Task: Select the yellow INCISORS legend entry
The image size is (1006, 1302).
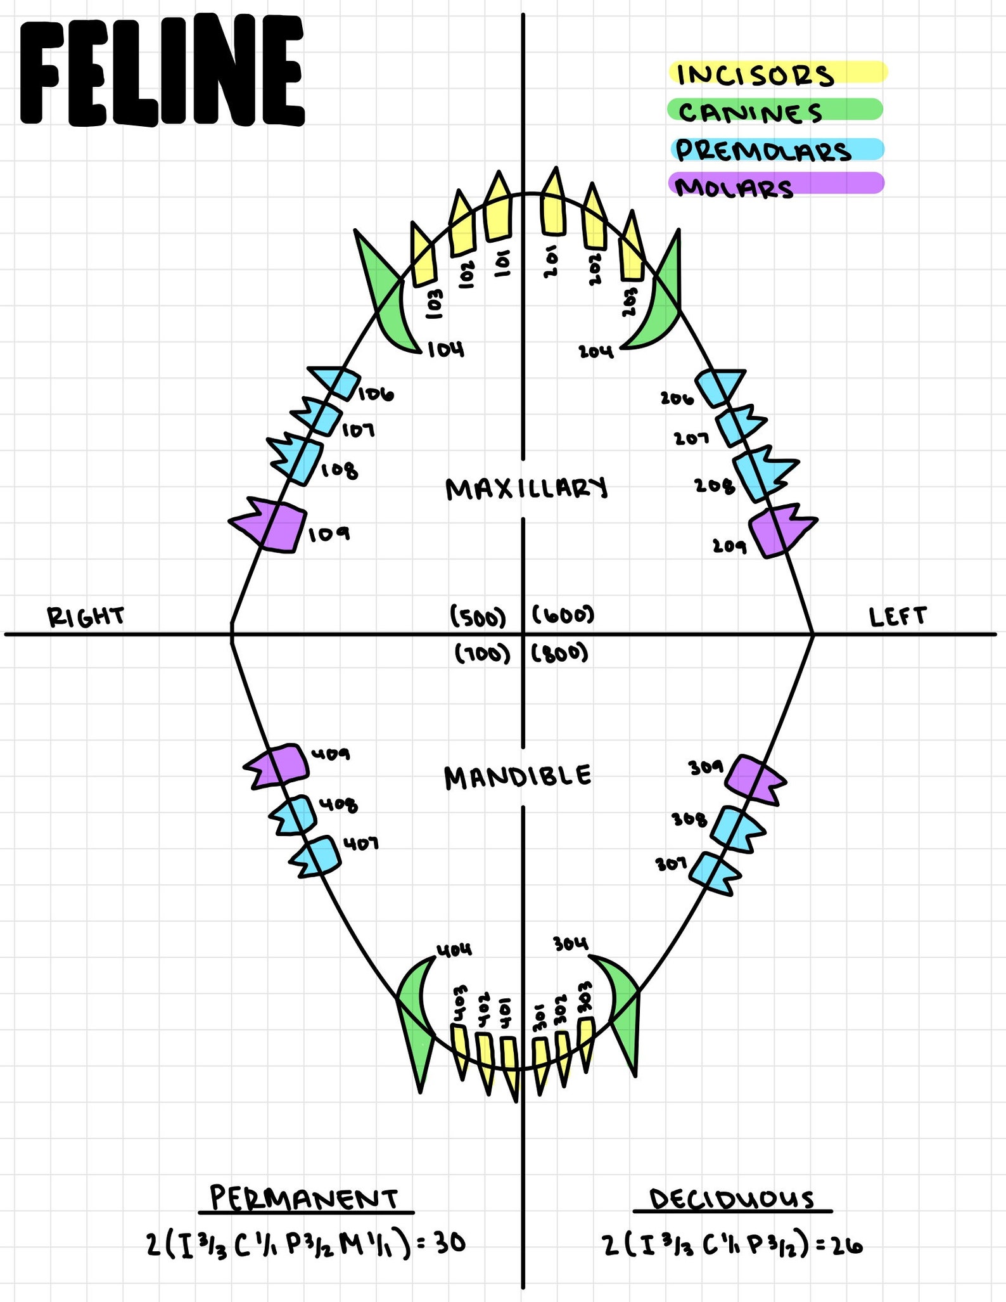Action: click(x=778, y=73)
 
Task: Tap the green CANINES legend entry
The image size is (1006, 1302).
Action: click(x=775, y=110)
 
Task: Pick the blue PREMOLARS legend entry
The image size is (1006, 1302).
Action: click(x=777, y=150)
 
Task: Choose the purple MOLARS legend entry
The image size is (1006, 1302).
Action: click(x=776, y=184)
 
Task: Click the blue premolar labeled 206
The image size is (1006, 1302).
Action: click(x=719, y=387)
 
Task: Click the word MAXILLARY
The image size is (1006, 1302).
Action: click(x=526, y=489)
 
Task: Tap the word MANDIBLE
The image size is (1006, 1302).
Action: click(x=518, y=777)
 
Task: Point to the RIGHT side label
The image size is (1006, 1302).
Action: click(x=86, y=617)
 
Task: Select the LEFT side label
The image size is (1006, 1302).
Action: click(x=898, y=616)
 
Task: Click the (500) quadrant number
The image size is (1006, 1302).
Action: click(x=478, y=617)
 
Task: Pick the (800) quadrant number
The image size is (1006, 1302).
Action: click(x=560, y=653)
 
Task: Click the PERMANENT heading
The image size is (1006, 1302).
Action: click(x=304, y=1198)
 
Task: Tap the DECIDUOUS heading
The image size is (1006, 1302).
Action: click(x=732, y=1199)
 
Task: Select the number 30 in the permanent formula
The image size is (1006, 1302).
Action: click(x=450, y=1243)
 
